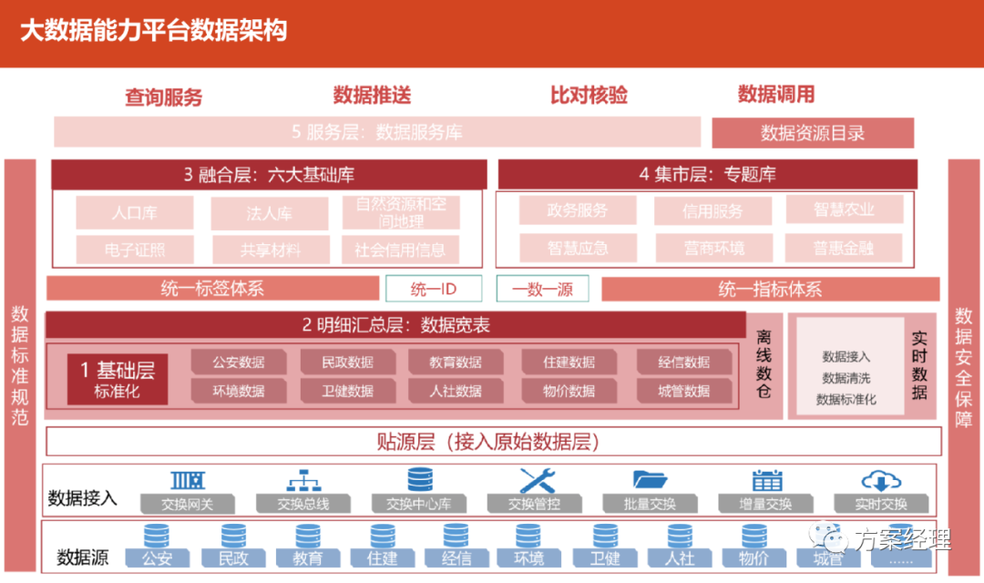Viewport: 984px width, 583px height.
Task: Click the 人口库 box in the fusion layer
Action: click(135, 213)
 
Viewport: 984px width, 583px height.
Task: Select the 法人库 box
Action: click(270, 213)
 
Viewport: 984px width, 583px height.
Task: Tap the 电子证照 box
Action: click(135, 249)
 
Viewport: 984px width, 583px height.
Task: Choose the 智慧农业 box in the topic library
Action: click(844, 210)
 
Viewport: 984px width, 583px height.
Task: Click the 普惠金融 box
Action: click(844, 248)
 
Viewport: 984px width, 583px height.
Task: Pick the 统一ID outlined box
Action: click(434, 289)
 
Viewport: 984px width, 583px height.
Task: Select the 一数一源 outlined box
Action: click(543, 289)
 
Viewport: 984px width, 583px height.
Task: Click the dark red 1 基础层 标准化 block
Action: click(118, 379)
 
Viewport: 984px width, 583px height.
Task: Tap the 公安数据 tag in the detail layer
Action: click(239, 362)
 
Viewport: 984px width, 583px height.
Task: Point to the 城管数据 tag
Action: click(684, 391)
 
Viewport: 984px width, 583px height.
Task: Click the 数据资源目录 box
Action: click(813, 133)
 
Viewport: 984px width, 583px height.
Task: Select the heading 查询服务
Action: click(164, 97)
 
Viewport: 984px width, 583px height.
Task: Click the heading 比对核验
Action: click(589, 95)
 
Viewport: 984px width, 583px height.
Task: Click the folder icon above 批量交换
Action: click(651, 479)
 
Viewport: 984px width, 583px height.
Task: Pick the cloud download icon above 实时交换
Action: click(881, 479)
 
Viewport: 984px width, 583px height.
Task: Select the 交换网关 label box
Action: click(188, 504)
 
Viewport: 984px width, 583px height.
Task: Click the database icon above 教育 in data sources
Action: click(307, 537)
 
